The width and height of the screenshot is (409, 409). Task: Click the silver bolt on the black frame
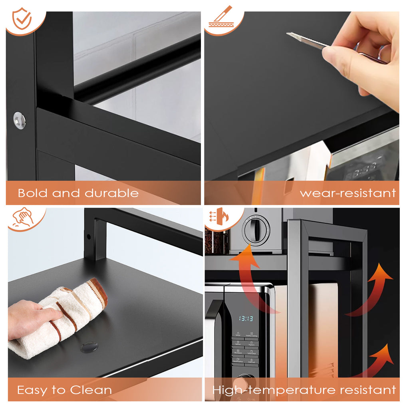[19, 120]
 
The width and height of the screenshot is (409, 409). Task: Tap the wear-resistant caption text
[347, 193]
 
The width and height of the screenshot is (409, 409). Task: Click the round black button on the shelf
[89, 347]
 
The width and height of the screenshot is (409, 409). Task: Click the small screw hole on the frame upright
[88, 236]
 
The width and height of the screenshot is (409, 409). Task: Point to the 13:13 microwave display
[246, 318]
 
